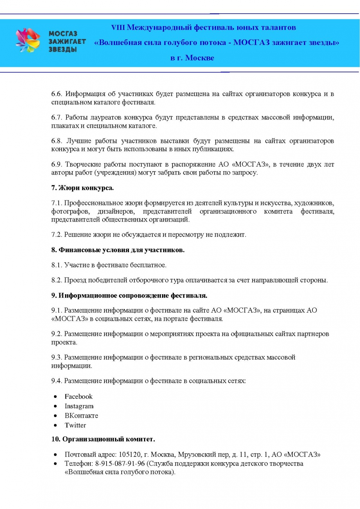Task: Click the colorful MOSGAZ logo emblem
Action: coord(28,40)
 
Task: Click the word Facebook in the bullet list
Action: coord(78,396)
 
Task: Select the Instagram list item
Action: coord(79,406)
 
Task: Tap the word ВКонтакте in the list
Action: coord(81,415)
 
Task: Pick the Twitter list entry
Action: coord(75,425)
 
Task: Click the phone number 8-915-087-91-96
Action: coord(120,464)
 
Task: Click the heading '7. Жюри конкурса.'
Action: coord(82,188)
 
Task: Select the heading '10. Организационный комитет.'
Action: coord(103,439)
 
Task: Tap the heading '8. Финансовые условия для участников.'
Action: coord(118,250)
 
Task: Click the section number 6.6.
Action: coord(57,94)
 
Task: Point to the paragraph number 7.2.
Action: coord(57,235)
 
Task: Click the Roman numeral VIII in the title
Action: coord(118,28)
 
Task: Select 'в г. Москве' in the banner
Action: coord(192,58)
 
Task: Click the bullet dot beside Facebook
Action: coord(55,397)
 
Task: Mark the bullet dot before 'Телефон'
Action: coord(55,464)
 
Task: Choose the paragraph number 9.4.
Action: coord(57,381)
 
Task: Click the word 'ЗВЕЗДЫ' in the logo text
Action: coord(63,49)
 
